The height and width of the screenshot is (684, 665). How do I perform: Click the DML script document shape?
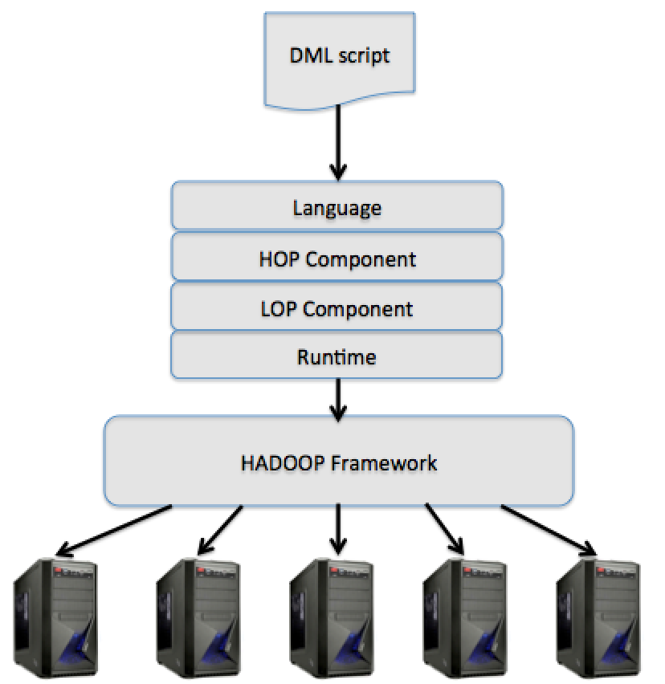pos(340,60)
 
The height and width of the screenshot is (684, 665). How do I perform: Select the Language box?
pos(337,206)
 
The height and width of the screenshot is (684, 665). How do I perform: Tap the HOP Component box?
pos(337,256)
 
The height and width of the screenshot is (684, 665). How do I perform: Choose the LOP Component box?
pos(337,306)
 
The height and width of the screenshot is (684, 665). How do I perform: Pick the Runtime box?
pos(337,355)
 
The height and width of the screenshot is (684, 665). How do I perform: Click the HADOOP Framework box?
pos(339,461)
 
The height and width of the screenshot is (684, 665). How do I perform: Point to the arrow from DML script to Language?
pos(338,143)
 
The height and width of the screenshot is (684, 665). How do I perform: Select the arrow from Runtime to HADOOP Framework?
pos(338,400)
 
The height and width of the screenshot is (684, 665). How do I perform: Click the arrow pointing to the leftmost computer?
pos(114,531)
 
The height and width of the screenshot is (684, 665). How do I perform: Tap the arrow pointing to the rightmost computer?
pos(549,530)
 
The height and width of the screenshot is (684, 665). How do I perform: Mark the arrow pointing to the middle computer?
pos(338,529)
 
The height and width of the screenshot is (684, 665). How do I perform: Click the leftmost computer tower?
pos(56,617)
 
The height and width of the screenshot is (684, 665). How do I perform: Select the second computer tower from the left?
pos(198,617)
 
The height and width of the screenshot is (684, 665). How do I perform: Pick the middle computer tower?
pos(332,617)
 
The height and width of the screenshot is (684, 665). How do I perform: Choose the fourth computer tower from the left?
pos(466,617)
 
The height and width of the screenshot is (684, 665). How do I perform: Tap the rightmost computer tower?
pos(599,617)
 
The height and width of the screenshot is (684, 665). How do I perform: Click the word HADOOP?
pos(284,463)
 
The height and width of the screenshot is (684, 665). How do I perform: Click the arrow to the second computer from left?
pos(220,530)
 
